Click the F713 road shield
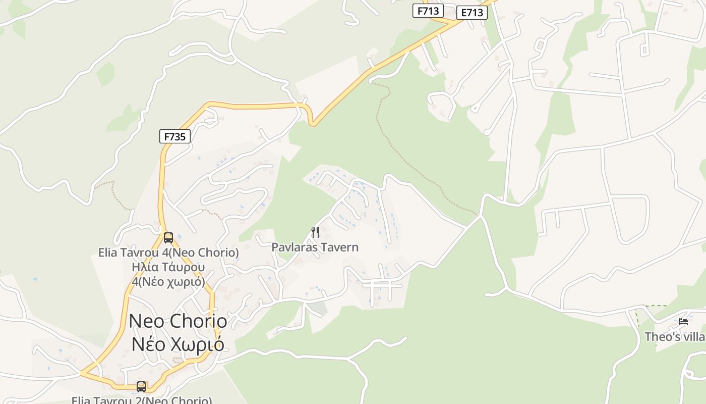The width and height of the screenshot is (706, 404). coord(428,11)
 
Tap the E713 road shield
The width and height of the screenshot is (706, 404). coord(472,13)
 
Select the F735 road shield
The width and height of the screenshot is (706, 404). coord(174,136)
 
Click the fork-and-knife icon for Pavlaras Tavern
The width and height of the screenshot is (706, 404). coord(315,232)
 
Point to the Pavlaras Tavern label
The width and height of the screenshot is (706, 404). coord(315,247)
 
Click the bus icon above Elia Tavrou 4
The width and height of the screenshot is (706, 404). coord(168,237)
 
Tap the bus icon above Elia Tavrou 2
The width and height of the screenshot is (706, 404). coord(141,386)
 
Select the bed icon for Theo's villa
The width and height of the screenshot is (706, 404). coord(683,321)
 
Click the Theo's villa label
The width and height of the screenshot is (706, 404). coord(675,336)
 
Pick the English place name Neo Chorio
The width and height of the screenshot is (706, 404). coord(178,321)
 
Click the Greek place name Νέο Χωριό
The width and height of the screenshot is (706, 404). coord(178,344)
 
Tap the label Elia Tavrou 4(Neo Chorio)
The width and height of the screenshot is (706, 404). coord(168,252)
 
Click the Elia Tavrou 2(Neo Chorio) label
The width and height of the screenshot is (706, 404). coord(142,400)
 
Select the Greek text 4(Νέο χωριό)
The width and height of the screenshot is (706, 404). coord(168,282)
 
